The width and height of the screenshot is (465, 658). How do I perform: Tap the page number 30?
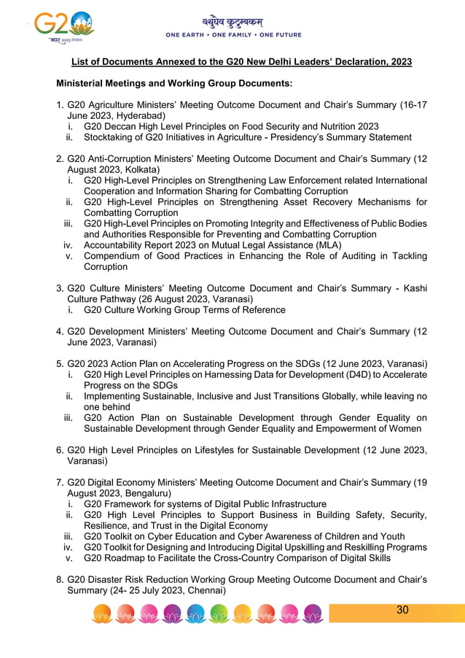pos(402,610)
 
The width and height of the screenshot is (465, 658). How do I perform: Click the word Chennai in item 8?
pos(205,590)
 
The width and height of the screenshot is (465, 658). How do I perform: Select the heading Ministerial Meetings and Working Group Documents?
pos(174,84)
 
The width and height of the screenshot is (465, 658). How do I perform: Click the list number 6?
pos(60,451)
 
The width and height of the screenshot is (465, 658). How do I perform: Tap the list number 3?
pos(60,288)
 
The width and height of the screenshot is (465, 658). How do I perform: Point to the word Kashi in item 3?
pos(412,288)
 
